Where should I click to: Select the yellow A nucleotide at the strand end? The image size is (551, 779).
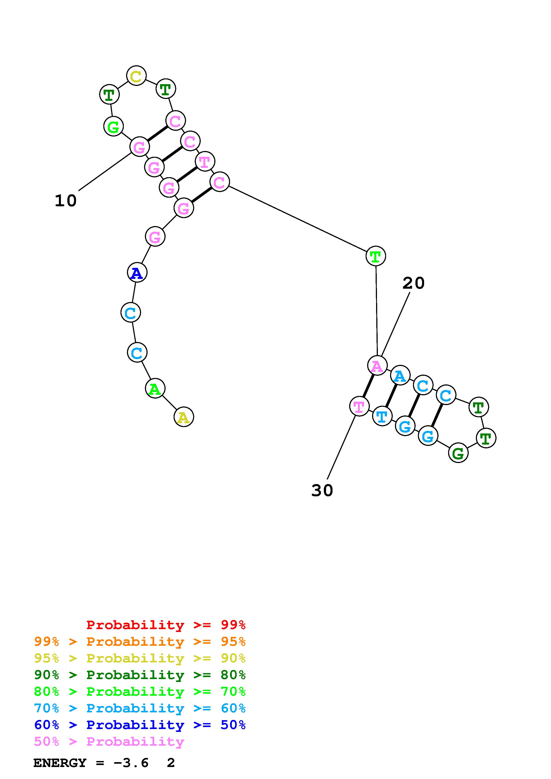tap(184, 417)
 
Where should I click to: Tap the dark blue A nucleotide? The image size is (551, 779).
tap(137, 272)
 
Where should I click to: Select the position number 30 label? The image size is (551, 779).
tap(322, 490)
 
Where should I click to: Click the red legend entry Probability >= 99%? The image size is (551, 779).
tap(166, 625)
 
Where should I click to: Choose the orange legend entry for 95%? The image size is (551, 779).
tap(140, 642)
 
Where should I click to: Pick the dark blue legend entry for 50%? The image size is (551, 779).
tap(140, 725)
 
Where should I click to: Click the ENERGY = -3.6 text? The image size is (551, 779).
tap(91, 763)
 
